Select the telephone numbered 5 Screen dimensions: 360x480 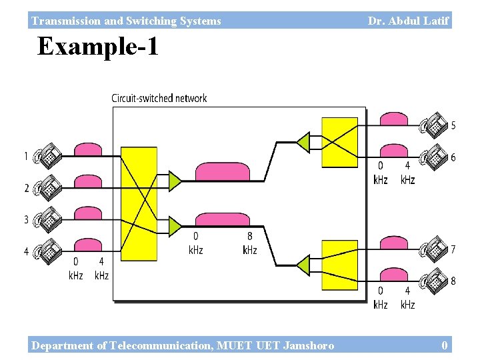click(x=435, y=123)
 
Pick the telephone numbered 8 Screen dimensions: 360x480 click(x=435, y=280)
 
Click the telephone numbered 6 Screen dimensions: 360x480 click(x=435, y=156)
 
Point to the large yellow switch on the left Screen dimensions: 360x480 click(x=139, y=203)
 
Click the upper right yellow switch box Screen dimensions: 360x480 click(x=339, y=142)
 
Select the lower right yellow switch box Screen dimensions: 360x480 click(x=339, y=265)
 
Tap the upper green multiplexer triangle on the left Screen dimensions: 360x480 click(x=175, y=180)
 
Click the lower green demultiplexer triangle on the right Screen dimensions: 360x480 click(x=303, y=265)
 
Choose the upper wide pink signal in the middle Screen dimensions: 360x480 click(x=222, y=171)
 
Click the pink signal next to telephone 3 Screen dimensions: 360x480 click(x=88, y=213)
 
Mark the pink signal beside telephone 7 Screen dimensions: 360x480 click(x=394, y=243)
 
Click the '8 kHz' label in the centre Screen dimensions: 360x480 click(x=249, y=243)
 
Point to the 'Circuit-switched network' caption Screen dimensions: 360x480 click(x=159, y=99)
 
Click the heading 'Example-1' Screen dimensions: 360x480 click(x=98, y=47)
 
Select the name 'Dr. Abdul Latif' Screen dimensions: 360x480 click(x=408, y=21)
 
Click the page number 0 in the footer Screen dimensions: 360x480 click(x=445, y=345)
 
